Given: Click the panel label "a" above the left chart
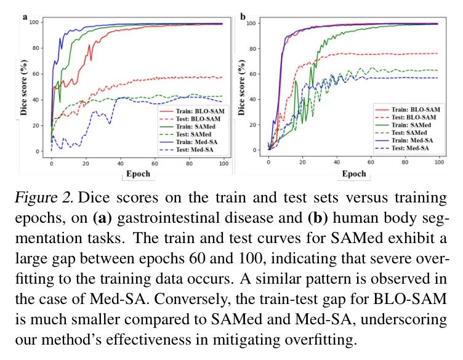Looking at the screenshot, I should pyautogui.click(x=26, y=17).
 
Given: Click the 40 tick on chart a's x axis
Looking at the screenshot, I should pyautogui.click(x=120, y=164).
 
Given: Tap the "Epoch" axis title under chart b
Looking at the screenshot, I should pyautogui.click(x=354, y=174).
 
